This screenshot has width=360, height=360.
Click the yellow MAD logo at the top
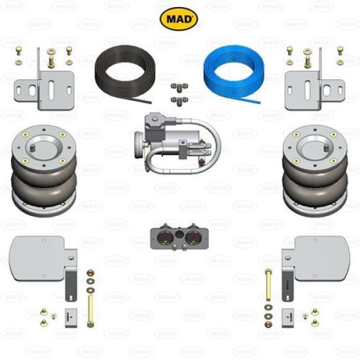(179, 19)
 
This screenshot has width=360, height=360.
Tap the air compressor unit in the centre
(177, 143)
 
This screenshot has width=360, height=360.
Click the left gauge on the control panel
(163, 238)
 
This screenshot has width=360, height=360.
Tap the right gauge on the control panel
(193, 238)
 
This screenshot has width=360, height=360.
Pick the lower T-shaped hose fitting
(179, 101)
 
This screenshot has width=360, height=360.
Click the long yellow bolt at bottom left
(91, 311)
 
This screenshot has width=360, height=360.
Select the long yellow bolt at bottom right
(268, 284)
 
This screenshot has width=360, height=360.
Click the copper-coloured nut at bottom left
(90, 273)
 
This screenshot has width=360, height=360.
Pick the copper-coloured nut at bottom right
(268, 324)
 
